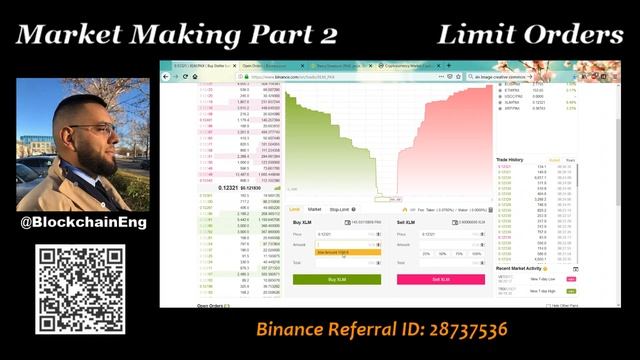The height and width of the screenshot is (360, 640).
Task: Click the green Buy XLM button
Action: point(336,279)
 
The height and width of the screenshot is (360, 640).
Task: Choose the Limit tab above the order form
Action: point(295,209)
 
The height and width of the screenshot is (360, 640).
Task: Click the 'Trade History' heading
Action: point(511,159)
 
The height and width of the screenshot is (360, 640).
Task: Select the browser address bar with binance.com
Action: point(340,76)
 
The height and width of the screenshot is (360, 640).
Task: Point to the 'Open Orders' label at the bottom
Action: point(209,306)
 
